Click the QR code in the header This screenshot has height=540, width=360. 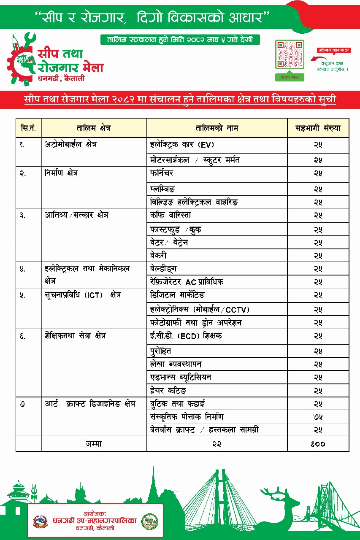coord(290,54)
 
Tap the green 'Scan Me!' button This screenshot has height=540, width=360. coord(290,77)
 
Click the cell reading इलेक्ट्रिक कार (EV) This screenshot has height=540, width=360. coord(182,145)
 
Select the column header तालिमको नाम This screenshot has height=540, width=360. coord(217,128)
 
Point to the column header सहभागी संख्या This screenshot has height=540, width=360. coord(318,128)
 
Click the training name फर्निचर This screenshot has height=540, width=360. coord(162,173)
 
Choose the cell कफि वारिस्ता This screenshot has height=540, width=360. coord(171,215)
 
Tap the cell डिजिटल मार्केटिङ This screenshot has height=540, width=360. coord(178,295)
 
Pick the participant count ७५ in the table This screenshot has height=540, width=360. coord(318,417)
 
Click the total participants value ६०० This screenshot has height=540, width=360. coord(318,443)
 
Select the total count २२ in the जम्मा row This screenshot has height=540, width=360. coord(217,443)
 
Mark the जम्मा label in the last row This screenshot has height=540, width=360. coord(93,443)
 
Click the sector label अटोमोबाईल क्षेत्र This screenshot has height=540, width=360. coord(71,145)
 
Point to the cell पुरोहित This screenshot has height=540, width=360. coord(161,351)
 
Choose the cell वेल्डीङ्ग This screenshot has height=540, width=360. coord(164,269)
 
